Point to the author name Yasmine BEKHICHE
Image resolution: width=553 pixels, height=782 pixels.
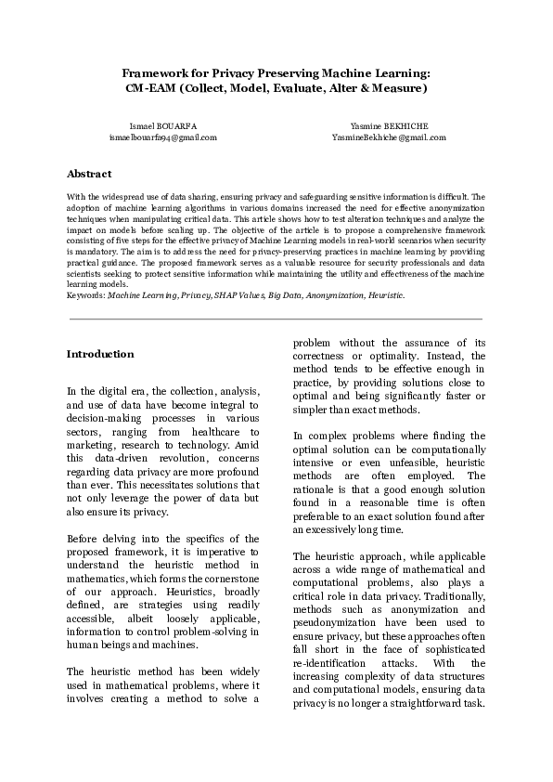389,125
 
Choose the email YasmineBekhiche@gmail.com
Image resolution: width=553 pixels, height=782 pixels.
389,137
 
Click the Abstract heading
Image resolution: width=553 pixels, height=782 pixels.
89,174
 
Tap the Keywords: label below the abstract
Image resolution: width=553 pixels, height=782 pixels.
86,294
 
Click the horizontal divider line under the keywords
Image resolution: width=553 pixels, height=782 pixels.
276,319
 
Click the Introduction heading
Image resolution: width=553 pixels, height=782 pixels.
100,354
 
